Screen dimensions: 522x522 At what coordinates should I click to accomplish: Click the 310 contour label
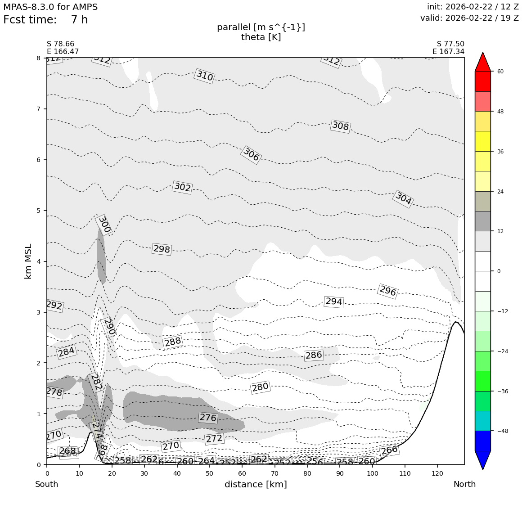click(x=204, y=76)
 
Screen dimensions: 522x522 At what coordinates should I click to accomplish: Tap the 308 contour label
click(x=340, y=126)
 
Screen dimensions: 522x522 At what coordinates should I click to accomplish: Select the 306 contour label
click(x=251, y=155)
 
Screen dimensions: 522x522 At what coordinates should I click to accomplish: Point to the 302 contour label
click(x=182, y=187)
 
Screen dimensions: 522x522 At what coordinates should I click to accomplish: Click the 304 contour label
click(x=403, y=198)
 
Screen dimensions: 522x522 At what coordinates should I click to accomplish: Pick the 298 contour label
click(x=162, y=249)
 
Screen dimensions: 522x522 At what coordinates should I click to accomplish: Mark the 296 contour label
click(x=387, y=291)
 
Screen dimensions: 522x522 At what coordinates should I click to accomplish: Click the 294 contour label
click(x=334, y=301)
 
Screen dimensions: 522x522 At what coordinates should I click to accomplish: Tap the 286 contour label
click(x=314, y=355)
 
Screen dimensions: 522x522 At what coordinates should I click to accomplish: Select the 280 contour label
click(x=260, y=387)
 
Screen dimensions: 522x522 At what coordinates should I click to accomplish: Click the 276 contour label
click(x=208, y=418)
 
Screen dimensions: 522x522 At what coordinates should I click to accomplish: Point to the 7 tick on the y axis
click(x=38, y=109)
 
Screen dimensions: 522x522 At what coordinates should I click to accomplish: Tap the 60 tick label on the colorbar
click(x=500, y=72)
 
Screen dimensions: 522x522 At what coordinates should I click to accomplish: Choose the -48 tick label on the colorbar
click(x=503, y=431)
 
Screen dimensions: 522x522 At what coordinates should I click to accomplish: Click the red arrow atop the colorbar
click(x=483, y=62)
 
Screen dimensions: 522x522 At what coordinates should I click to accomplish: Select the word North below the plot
click(x=464, y=485)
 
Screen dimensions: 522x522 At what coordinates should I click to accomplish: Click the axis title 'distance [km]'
click(x=256, y=485)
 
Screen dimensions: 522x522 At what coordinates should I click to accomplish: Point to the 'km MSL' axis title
click(x=28, y=261)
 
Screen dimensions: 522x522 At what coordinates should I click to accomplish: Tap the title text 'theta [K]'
click(x=261, y=37)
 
